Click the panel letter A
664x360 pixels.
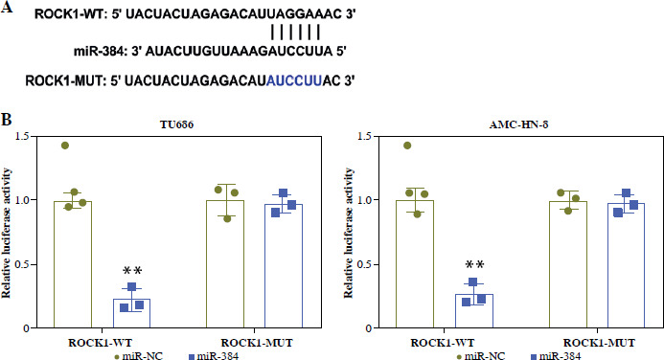point(7,7)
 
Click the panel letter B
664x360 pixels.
point(6,120)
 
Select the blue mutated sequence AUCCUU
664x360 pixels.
point(294,80)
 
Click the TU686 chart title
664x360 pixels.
point(176,124)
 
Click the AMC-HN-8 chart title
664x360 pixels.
point(518,124)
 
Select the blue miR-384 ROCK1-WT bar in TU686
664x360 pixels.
point(131,313)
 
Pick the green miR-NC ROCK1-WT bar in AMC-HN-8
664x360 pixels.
point(415,264)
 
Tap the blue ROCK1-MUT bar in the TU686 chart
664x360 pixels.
point(284,265)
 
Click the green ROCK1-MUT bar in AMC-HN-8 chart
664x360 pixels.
point(568,264)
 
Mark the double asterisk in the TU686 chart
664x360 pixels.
point(132,271)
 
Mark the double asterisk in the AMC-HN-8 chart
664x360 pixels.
point(474,265)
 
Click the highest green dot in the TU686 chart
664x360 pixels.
point(65,146)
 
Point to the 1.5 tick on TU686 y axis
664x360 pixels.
point(24,137)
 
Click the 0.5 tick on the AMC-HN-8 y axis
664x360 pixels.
point(366,265)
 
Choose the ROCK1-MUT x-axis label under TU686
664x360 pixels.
point(257,343)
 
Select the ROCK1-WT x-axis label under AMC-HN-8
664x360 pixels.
point(443,343)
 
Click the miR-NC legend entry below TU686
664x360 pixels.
point(138,356)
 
